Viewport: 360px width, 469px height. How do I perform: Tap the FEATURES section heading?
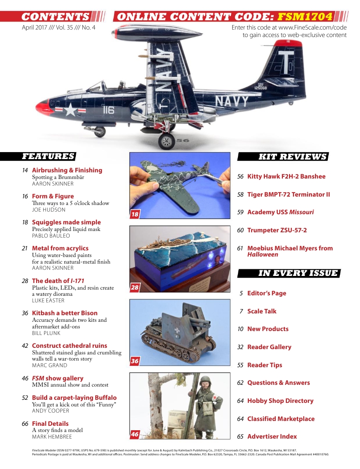(48, 156)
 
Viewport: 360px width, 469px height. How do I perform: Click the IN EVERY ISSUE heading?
(298, 273)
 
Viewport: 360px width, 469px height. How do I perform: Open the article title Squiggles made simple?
(66, 222)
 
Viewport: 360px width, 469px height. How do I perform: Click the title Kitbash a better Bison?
(64, 313)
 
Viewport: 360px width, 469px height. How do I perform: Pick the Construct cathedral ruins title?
(69, 346)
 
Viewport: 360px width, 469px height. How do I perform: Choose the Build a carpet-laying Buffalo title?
(74, 398)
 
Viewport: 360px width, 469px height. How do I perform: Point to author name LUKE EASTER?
(48, 300)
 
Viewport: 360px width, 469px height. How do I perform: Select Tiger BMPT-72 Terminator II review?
(288, 194)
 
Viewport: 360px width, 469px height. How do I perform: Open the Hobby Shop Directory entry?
(280, 401)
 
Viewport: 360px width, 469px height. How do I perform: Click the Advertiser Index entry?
(272, 436)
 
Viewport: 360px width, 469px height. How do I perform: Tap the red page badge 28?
(135, 288)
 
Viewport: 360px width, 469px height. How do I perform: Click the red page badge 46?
(135, 434)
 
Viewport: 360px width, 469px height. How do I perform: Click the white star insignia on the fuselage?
(71, 109)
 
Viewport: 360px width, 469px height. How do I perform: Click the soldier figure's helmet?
(205, 380)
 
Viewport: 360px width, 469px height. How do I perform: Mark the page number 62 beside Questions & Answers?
(240, 383)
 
